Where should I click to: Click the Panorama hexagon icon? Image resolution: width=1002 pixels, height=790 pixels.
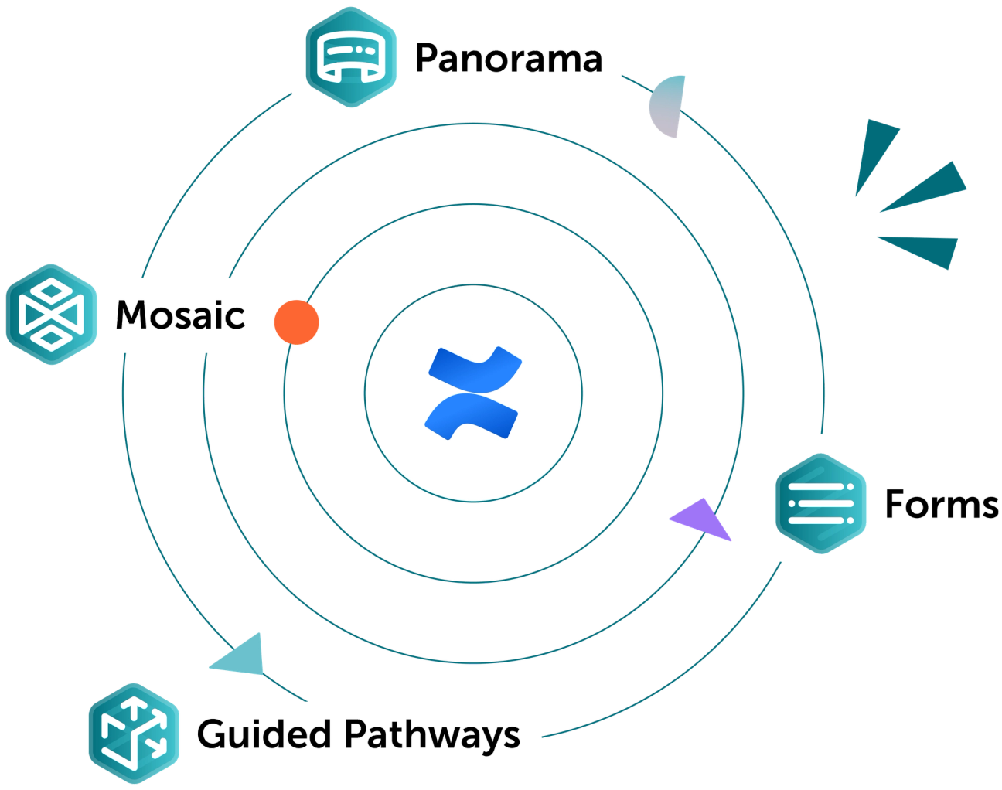(352, 56)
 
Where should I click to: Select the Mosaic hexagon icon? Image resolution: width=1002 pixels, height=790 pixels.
(53, 314)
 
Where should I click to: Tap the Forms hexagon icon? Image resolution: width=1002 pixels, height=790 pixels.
(821, 502)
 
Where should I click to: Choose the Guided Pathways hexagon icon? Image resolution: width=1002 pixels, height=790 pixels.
(134, 728)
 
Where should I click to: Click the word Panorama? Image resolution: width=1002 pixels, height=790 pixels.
(509, 59)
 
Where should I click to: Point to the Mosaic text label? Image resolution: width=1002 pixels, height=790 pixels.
(180, 315)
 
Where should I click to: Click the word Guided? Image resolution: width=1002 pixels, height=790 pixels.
(263, 733)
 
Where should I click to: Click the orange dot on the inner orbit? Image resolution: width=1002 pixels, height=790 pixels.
(296, 322)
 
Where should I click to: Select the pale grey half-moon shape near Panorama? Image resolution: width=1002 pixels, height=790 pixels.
(666, 107)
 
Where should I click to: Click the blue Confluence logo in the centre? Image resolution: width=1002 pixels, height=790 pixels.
(473, 393)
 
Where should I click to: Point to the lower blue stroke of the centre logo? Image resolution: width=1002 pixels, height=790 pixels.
(472, 417)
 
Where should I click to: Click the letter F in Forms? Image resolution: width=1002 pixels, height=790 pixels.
(897, 504)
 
